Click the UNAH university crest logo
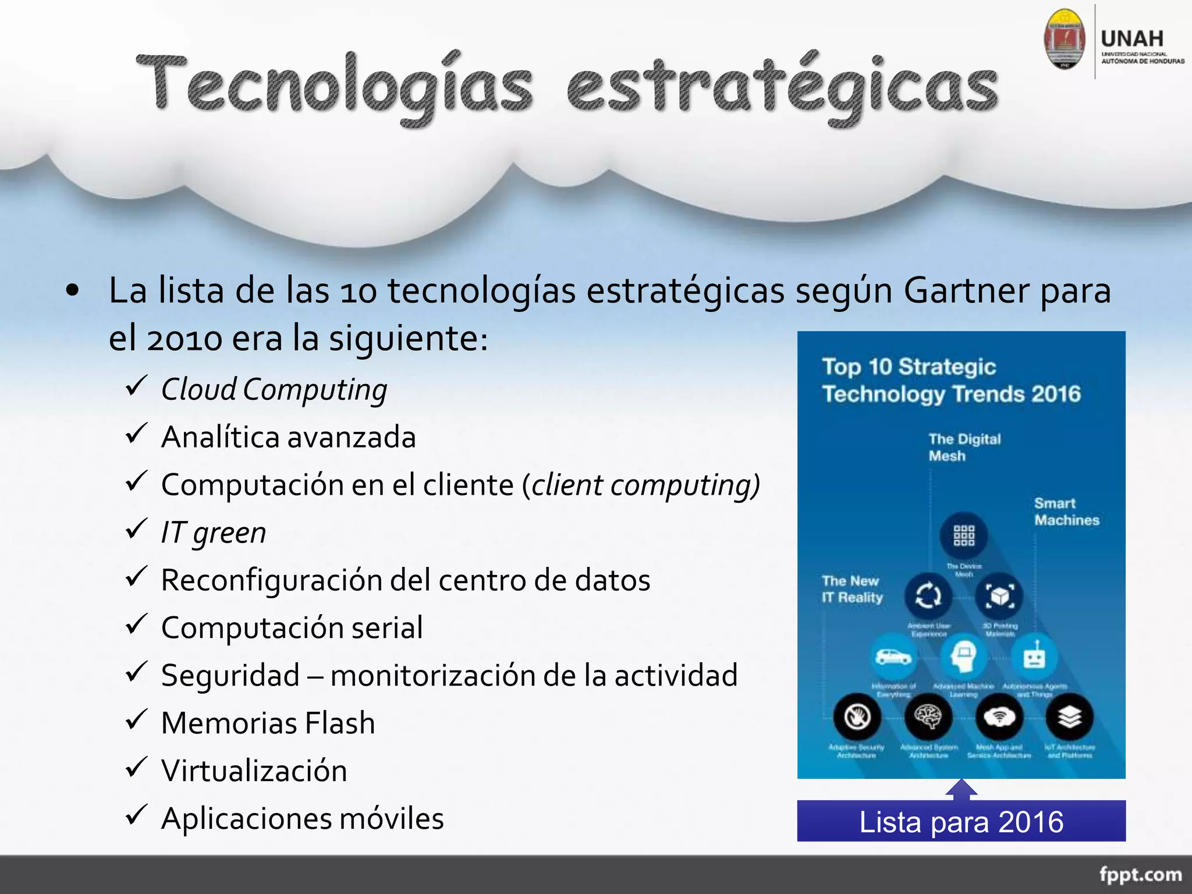[x=1065, y=39]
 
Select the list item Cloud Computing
[x=274, y=389]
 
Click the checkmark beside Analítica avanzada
[x=136, y=434]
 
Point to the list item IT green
[x=213, y=533]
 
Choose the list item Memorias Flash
[x=268, y=723]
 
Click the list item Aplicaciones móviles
[x=302, y=818]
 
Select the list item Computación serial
[x=292, y=627]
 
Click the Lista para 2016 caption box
[x=961, y=821]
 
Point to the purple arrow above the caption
[x=961, y=789]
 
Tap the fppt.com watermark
[x=1140, y=874]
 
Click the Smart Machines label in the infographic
[x=1066, y=512]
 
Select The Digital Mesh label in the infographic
[x=964, y=447]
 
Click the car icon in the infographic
[x=893, y=657]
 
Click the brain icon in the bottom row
[x=928, y=716]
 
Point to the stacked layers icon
[x=1069, y=716]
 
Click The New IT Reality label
[x=852, y=589]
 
